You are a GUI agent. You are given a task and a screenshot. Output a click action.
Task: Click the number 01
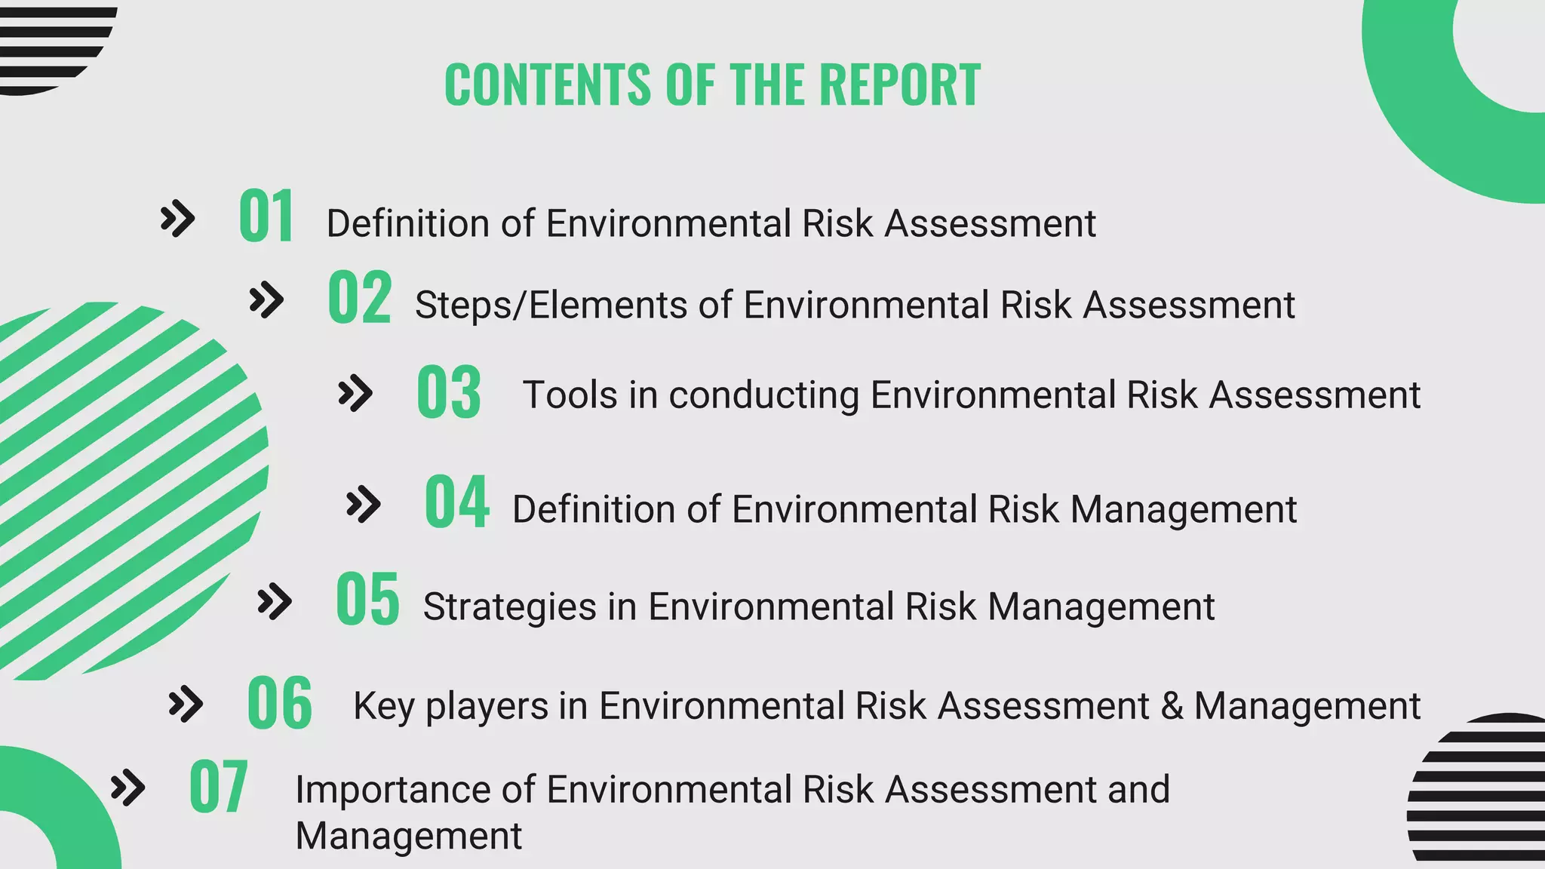pos(266,216)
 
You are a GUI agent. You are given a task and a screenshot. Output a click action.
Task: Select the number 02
pos(359,298)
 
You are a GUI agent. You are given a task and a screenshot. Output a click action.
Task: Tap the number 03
pos(449,392)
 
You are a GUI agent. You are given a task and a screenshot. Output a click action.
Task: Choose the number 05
pos(367,599)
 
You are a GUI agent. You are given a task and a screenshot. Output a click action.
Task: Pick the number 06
pos(279,703)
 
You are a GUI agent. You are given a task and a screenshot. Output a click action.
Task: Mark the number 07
pos(218,787)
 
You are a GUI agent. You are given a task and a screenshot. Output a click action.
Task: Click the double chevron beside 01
pos(178,220)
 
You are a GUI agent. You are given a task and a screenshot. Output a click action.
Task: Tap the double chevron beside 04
pos(363,505)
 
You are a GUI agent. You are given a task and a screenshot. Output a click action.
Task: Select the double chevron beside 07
pos(127,788)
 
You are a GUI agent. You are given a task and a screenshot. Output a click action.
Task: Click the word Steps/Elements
pos(550,306)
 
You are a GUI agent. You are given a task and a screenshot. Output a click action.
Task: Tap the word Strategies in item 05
pos(510,607)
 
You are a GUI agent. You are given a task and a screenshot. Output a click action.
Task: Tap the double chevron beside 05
pos(275,602)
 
